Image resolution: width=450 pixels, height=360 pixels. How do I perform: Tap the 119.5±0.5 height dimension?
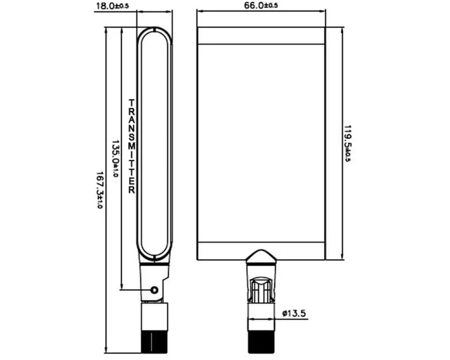pos(348,144)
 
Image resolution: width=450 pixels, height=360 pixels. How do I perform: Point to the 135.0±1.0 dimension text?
pos(115,158)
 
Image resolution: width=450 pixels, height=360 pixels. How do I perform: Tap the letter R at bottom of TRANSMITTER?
pos(131,190)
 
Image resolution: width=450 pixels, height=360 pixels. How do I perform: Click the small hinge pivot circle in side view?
pos(155,290)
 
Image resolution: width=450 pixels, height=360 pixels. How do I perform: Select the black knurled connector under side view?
pos(154,341)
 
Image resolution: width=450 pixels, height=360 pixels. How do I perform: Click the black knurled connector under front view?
pos(262,341)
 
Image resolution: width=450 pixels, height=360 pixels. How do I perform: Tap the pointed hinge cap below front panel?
pos(262,256)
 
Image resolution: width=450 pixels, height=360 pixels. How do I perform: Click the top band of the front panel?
pos(262,36)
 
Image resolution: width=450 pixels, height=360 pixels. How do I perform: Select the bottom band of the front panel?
pos(262,251)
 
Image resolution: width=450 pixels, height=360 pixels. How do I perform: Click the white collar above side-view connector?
pos(154,317)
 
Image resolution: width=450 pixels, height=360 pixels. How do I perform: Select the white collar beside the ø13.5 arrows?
pos(262,317)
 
